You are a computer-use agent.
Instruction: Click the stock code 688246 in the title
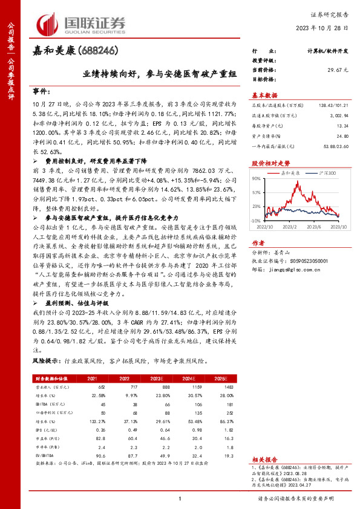[x=97, y=51]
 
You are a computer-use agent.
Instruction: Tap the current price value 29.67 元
[x=336, y=71]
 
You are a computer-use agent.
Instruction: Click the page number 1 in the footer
[x=180, y=498]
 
